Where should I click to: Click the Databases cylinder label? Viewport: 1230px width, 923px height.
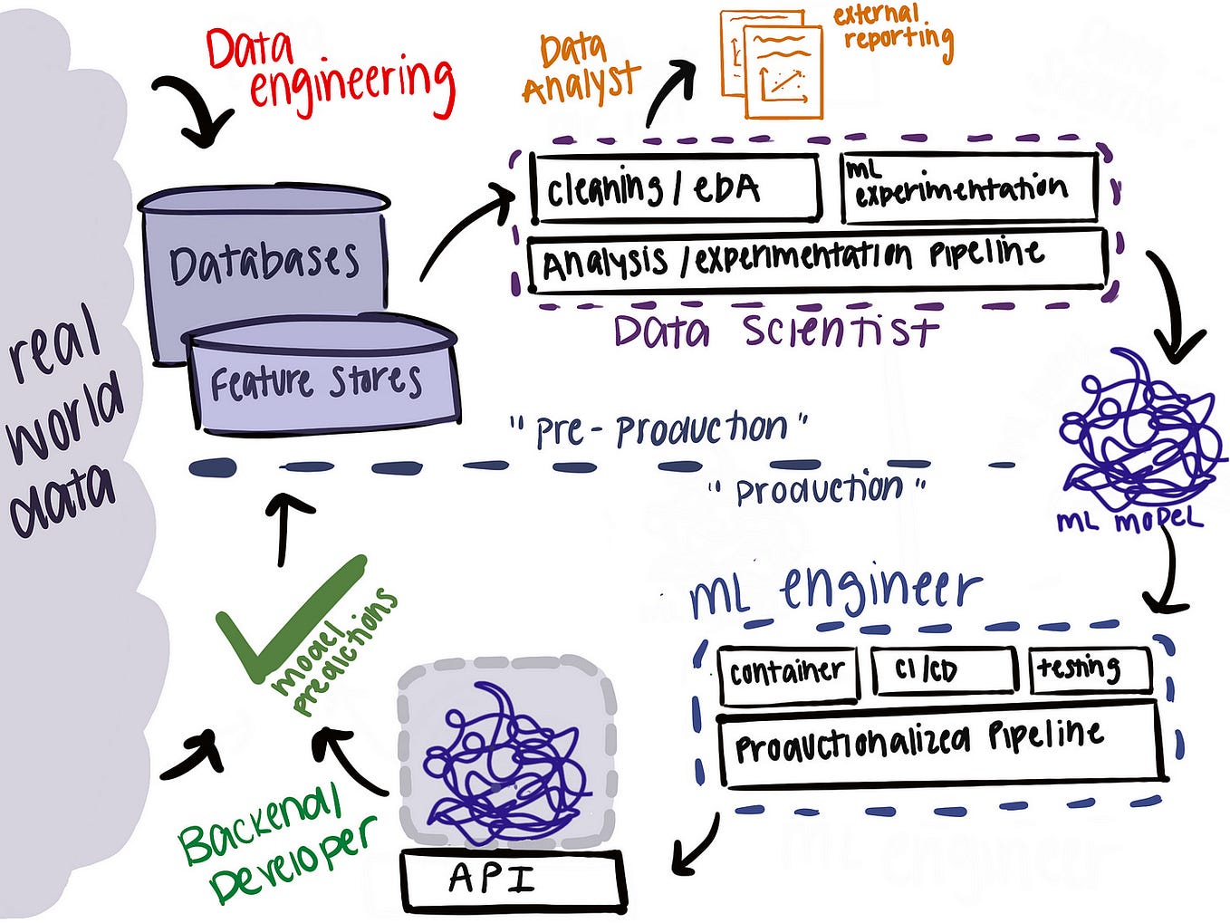(x=264, y=263)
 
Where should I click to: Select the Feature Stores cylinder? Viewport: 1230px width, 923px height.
(x=322, y=375)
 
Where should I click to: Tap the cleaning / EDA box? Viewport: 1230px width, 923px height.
(x=675, y=188)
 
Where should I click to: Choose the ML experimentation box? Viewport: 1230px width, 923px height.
(x=969, y=188)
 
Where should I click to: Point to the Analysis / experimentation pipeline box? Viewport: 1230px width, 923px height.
(x=817, y=261)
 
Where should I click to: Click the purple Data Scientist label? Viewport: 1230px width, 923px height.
(x=775, y=331)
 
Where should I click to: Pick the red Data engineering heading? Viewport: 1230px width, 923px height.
(x=331, y=72)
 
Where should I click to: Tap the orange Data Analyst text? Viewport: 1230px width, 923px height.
(x=580, y=70)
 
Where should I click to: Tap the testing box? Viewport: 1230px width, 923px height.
(x=1090, y=668)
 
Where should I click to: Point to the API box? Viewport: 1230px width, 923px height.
(x=513, y=880)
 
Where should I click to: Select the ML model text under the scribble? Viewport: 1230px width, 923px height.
(x=1129, y=522)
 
